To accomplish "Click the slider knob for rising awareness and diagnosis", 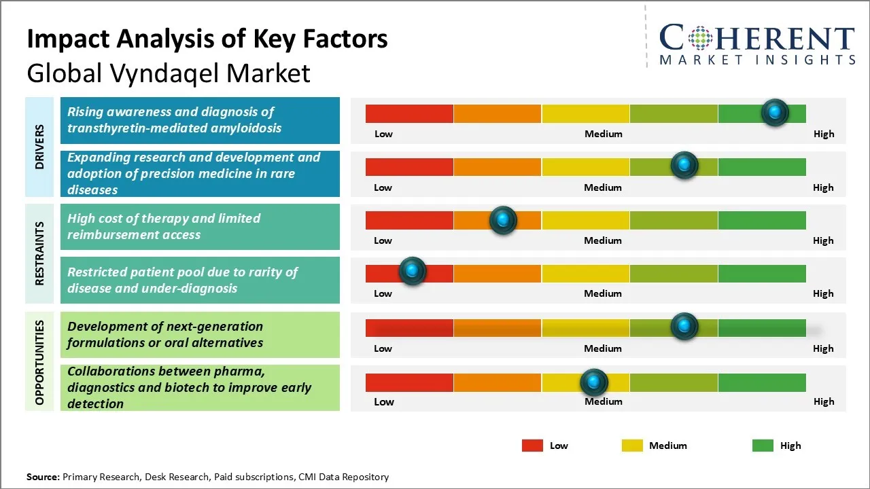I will pos(775,112).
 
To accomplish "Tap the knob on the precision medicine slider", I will pos(684,165).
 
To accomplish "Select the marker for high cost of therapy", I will pos(503,220).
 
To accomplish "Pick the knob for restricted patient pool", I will pos(412,271).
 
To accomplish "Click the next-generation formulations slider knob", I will pos(684,327).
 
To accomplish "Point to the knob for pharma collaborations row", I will pos(594,383).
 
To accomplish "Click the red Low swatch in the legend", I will pos(532,446).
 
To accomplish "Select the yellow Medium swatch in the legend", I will pos(632,446).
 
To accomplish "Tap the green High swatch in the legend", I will pos(763,446).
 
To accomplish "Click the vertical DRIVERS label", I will pos(40,146).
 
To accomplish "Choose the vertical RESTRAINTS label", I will pos(40,253).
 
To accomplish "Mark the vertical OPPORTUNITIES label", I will pos(40,362).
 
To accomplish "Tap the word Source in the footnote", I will pos(43,477).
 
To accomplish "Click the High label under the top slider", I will pos(823,134).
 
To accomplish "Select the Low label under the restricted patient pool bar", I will pos(383,293).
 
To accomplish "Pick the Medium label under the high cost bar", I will pos(603,240).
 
